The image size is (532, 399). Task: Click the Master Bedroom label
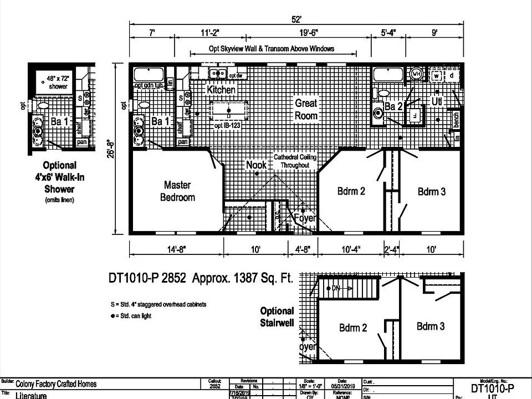pos(177,191)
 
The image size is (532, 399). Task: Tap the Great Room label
pos(306,109)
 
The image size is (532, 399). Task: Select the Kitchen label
pos(221,90)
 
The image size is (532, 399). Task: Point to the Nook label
pos(257,165)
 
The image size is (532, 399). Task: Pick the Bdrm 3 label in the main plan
pos(432,191)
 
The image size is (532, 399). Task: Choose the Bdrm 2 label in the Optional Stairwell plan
pos(353,328)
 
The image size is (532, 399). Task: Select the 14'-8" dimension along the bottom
pos(177,249)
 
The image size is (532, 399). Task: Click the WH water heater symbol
pos(417,74)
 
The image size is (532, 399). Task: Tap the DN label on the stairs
pos(336,288)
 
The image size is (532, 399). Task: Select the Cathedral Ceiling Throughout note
pos(298,161)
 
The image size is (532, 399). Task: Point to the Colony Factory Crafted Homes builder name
pos(56,383)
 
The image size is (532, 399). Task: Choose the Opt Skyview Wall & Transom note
pos(272,49)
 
